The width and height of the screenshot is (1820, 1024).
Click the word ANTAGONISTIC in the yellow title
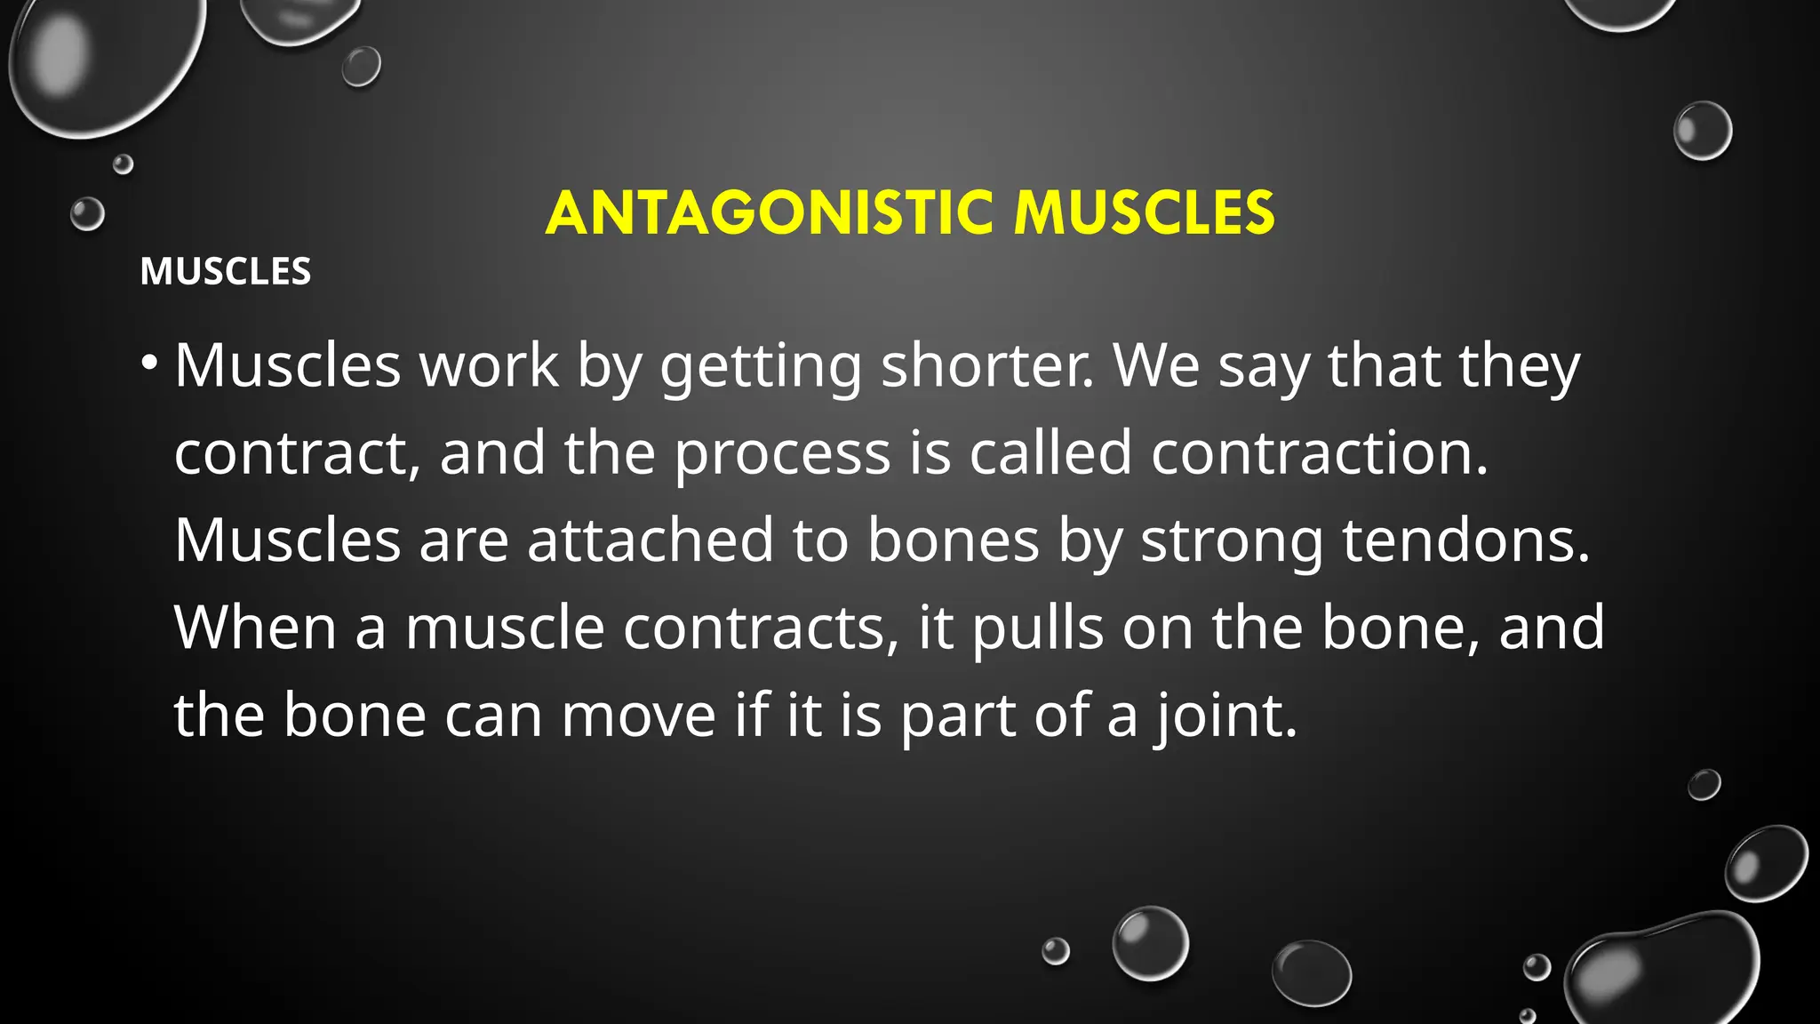(x=770, y=213)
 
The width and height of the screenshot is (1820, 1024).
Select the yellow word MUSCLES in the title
(x=1145, y=213)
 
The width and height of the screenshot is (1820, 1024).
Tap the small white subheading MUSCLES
(x=226, y=271)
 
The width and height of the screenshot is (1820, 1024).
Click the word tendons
(x=1465, y=540)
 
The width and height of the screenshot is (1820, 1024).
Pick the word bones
(x=953, y=540)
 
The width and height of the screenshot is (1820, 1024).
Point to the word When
(x=255, y=628)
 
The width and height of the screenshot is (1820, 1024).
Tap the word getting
(x=761, y=367)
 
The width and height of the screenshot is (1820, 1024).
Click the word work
(x=489, y=365)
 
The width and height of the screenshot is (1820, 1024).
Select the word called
(x=1050, y=452)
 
